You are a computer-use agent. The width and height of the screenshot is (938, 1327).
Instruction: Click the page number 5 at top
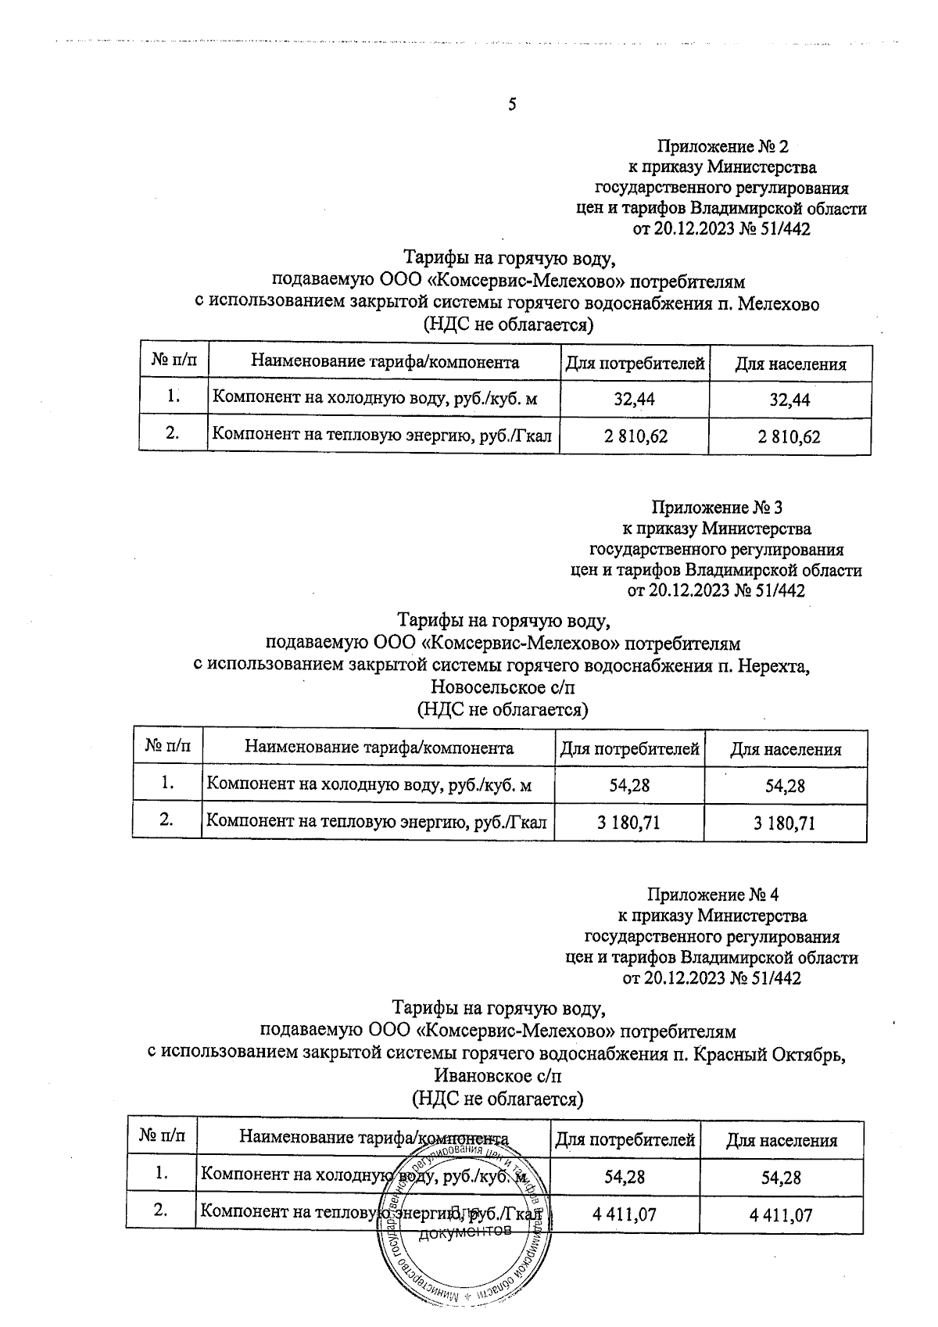512,104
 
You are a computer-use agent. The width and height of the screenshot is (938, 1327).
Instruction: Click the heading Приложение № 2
722,146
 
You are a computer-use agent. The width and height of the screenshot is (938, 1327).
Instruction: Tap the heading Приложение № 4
713,894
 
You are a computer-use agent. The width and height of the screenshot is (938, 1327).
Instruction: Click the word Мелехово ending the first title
778,304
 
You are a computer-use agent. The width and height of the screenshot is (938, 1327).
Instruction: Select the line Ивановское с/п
497,1075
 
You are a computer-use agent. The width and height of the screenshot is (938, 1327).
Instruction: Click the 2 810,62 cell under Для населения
789,436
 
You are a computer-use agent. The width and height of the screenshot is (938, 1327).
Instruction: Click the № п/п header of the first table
174,362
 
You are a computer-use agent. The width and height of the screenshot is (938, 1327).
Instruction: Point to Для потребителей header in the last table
625,1141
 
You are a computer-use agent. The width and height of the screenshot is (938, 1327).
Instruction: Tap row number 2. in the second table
166,820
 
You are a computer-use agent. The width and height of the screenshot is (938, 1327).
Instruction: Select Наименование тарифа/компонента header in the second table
379,748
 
